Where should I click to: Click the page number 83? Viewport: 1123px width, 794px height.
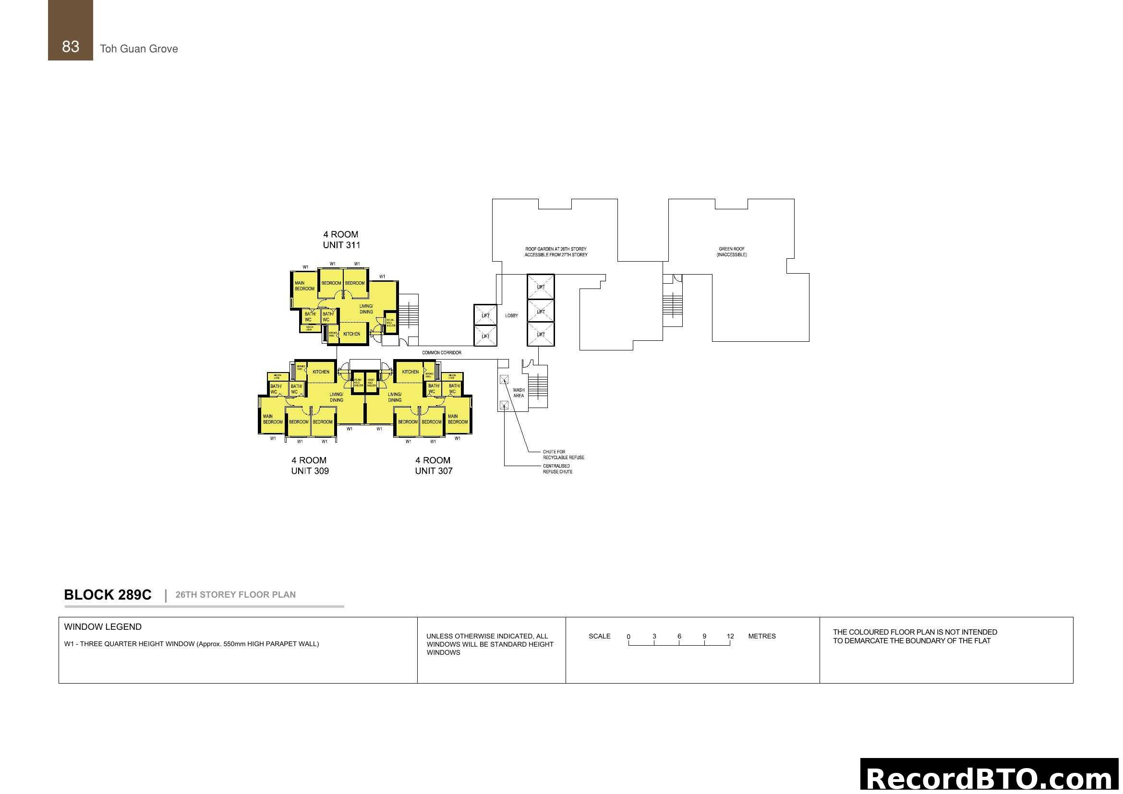71,47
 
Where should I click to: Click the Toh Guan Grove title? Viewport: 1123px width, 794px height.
139,48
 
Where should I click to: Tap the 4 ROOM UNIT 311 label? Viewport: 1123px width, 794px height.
341,240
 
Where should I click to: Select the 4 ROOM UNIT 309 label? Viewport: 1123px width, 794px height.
310,466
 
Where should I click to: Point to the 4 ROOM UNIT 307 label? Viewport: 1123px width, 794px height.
434,466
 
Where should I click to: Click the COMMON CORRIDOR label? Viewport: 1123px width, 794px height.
441,352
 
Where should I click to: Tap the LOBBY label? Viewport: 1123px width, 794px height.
511,315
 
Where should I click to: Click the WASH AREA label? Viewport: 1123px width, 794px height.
519,393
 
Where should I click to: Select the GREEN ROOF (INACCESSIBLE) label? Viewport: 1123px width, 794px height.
731,252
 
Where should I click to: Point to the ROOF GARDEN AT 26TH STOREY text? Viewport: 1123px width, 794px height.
555,249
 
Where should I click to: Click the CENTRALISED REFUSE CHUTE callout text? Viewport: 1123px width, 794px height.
557,469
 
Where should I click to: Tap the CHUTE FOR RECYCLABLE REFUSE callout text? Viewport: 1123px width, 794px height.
563,455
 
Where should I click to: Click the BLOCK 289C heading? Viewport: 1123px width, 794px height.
108,594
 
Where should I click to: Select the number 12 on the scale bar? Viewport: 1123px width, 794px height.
730,636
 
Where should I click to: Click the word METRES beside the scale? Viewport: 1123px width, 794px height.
761,636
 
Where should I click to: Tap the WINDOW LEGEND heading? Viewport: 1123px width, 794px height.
103,627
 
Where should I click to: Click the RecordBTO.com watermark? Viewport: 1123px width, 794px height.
990,777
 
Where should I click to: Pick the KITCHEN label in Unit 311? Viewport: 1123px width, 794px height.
351,334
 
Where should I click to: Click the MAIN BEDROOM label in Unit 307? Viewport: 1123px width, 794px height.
458,419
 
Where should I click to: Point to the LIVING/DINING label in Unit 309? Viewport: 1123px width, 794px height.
336,397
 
